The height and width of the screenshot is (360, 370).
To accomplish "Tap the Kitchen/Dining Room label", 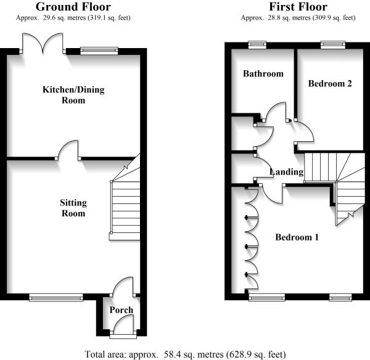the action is click(73, 95).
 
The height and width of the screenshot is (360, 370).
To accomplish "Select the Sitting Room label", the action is click(73, 208).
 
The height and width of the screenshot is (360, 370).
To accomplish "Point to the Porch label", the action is click(121, 309).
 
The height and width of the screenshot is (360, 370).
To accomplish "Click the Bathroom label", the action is click(263, 74).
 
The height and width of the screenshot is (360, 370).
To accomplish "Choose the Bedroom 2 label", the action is click(330, 84).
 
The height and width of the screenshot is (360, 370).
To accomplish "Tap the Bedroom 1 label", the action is click(297, 237).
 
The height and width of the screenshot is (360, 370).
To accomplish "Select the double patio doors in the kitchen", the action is click(43, 44).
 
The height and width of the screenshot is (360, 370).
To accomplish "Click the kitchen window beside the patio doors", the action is click(99, 51).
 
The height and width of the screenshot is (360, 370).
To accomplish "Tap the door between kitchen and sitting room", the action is click(68, 150).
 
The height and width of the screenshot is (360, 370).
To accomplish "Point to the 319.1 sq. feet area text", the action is click(99, 18).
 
